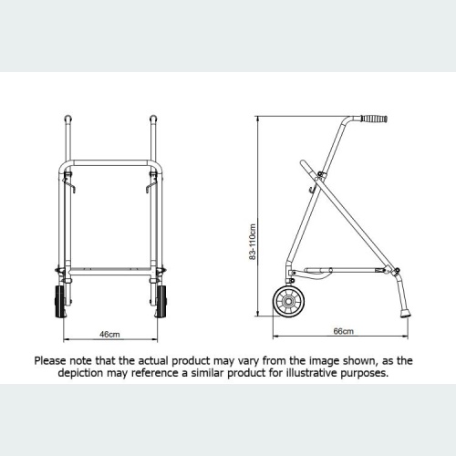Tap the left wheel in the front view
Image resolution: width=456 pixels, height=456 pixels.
click(x=64, y=300)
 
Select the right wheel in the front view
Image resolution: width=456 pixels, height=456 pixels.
click(x=164, y=300)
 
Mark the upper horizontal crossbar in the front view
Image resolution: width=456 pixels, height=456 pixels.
click(x=111, y=164)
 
